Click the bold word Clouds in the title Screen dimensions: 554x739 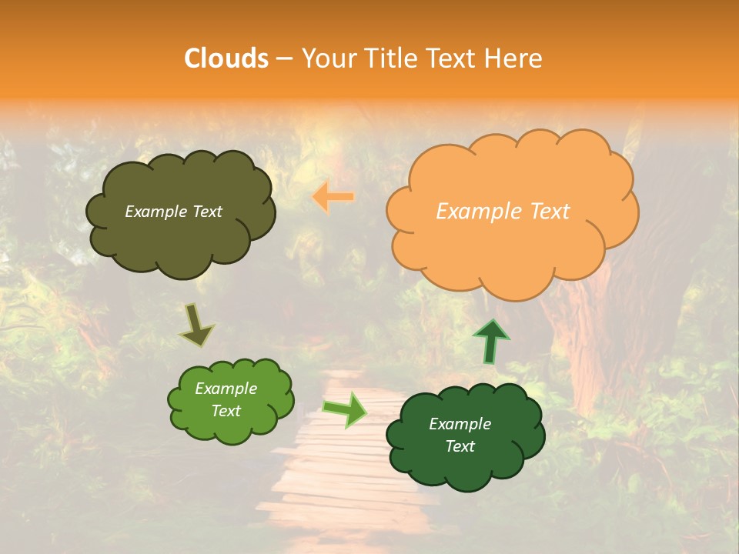click(226, 58)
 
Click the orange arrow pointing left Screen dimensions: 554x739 click(333, 197)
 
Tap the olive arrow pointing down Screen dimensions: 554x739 click(196, 324)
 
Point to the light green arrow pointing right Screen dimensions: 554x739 click(344, 409)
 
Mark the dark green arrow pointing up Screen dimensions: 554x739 click(490, 341)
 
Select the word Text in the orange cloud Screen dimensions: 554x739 click(550, 212)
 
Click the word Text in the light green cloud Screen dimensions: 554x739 click(226, 411)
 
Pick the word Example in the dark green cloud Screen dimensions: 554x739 click(460, 424)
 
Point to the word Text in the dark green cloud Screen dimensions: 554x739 click(460, 446)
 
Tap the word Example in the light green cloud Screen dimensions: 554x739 click(226, 389)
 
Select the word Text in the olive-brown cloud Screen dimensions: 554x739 click(206, 212)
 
